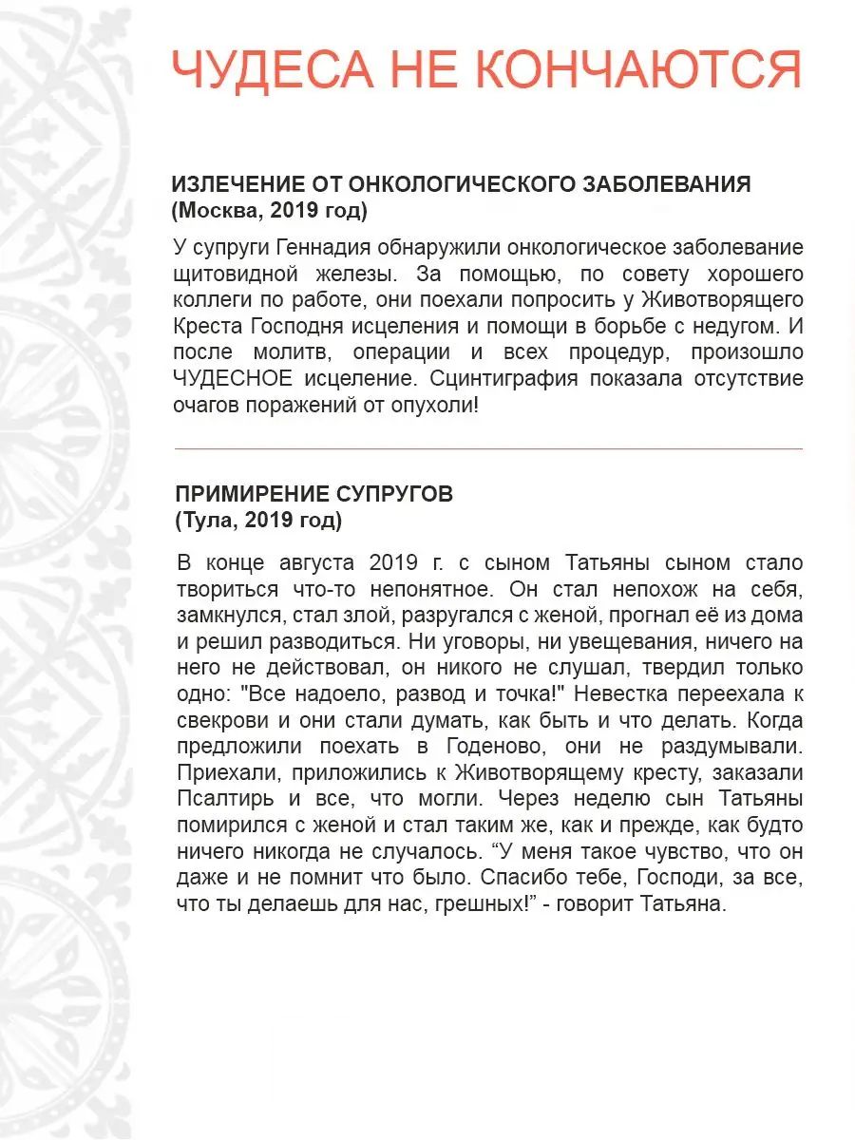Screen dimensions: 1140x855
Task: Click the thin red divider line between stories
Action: point(488,447)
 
